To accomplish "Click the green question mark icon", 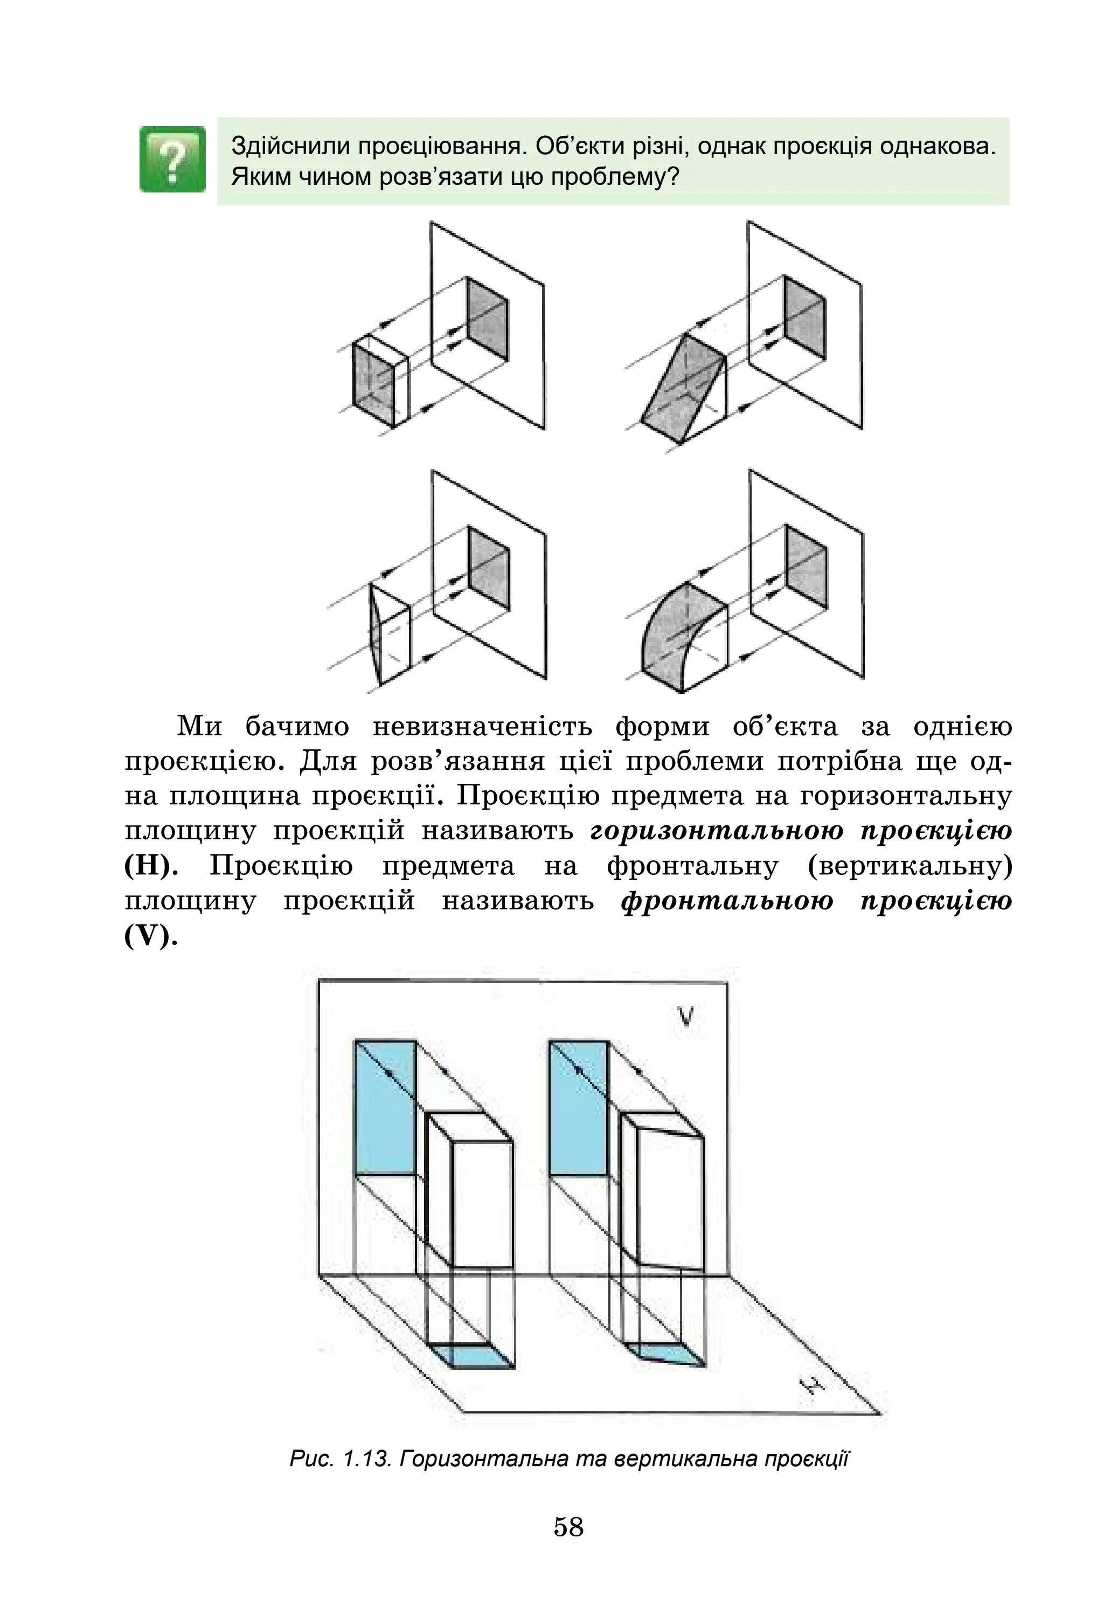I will tap(172, 159).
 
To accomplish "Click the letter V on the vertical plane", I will tap(685, 1017).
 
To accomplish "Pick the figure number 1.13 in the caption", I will tap(363, 1458).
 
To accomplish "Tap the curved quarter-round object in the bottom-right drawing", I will tap(684, 636).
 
